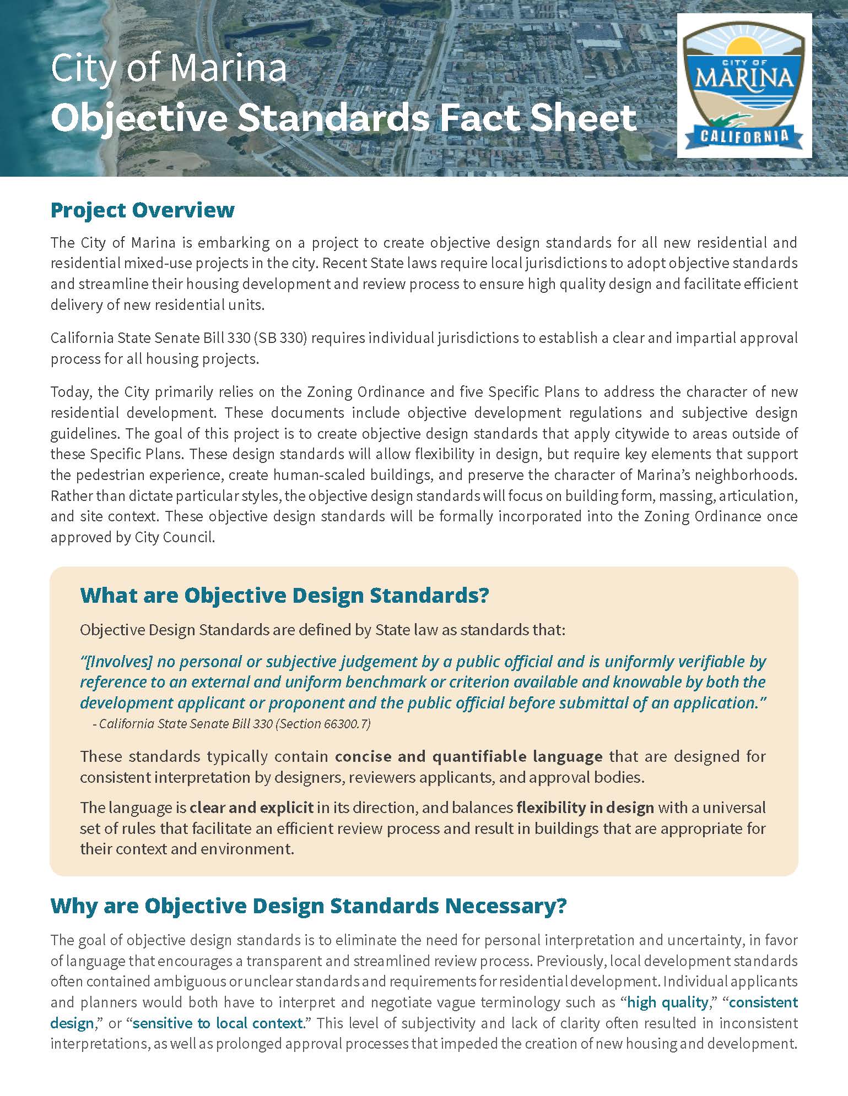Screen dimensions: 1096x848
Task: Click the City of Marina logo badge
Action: coord(744,85)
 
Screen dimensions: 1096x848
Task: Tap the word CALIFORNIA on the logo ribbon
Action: coord(744,135)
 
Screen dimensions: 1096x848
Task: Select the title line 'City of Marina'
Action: coord(169,69)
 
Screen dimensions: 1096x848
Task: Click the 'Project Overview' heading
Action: coord(142,210)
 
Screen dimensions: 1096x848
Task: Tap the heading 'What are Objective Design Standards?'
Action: coord(284,595)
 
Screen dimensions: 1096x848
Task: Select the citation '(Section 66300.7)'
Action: coord(323,724)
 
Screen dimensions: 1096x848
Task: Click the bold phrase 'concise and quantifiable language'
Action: coord(468,756)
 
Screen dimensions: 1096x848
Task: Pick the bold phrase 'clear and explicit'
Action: coord(251,808)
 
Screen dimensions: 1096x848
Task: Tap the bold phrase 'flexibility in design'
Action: coord(585,808)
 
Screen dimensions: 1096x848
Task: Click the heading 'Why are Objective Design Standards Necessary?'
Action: coord(308,906)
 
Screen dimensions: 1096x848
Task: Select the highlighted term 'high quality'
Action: coord(667,1002)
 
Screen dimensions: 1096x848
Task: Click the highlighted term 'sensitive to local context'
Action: coord(218,1023)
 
